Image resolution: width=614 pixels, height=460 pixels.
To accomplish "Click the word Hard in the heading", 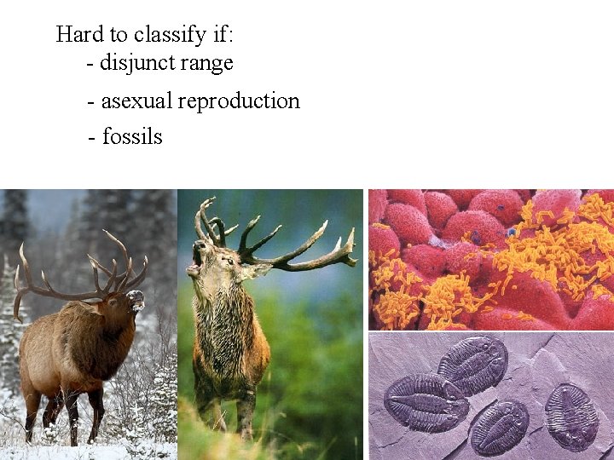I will pos(77,34).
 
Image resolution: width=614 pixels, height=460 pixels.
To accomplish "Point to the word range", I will pos(206,63).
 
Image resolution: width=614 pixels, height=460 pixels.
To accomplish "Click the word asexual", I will pos(136,101).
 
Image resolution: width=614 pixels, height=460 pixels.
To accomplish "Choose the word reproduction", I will pos(239,101).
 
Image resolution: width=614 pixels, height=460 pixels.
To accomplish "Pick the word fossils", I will pos(132,136).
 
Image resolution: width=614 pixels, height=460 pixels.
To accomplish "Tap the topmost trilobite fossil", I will pos(472,364).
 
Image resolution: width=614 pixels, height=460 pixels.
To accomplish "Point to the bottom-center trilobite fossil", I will pos(499,428).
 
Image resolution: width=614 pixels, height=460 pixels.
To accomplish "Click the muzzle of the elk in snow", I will pos(136,299).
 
